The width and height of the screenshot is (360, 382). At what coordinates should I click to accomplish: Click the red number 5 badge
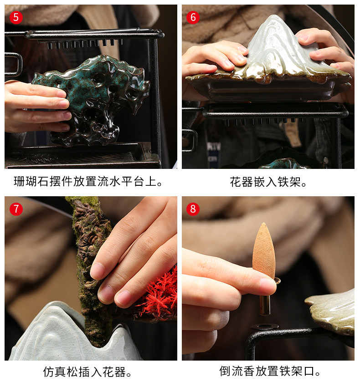(16, 17)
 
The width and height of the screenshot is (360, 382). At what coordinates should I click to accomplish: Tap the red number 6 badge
(193, 17)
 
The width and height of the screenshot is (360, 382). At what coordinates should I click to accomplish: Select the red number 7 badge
(16, 209)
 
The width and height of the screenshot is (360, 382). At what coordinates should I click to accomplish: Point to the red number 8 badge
(193, 209)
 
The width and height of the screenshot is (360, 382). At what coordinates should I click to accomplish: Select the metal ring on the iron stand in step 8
(265, 326)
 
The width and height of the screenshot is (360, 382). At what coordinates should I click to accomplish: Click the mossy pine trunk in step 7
(90, 268)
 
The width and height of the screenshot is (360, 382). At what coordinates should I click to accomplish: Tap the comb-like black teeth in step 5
(83, 43)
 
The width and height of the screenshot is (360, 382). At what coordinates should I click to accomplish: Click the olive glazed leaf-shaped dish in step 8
(332, 312)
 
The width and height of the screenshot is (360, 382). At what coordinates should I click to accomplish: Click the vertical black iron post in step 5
(154, 97)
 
